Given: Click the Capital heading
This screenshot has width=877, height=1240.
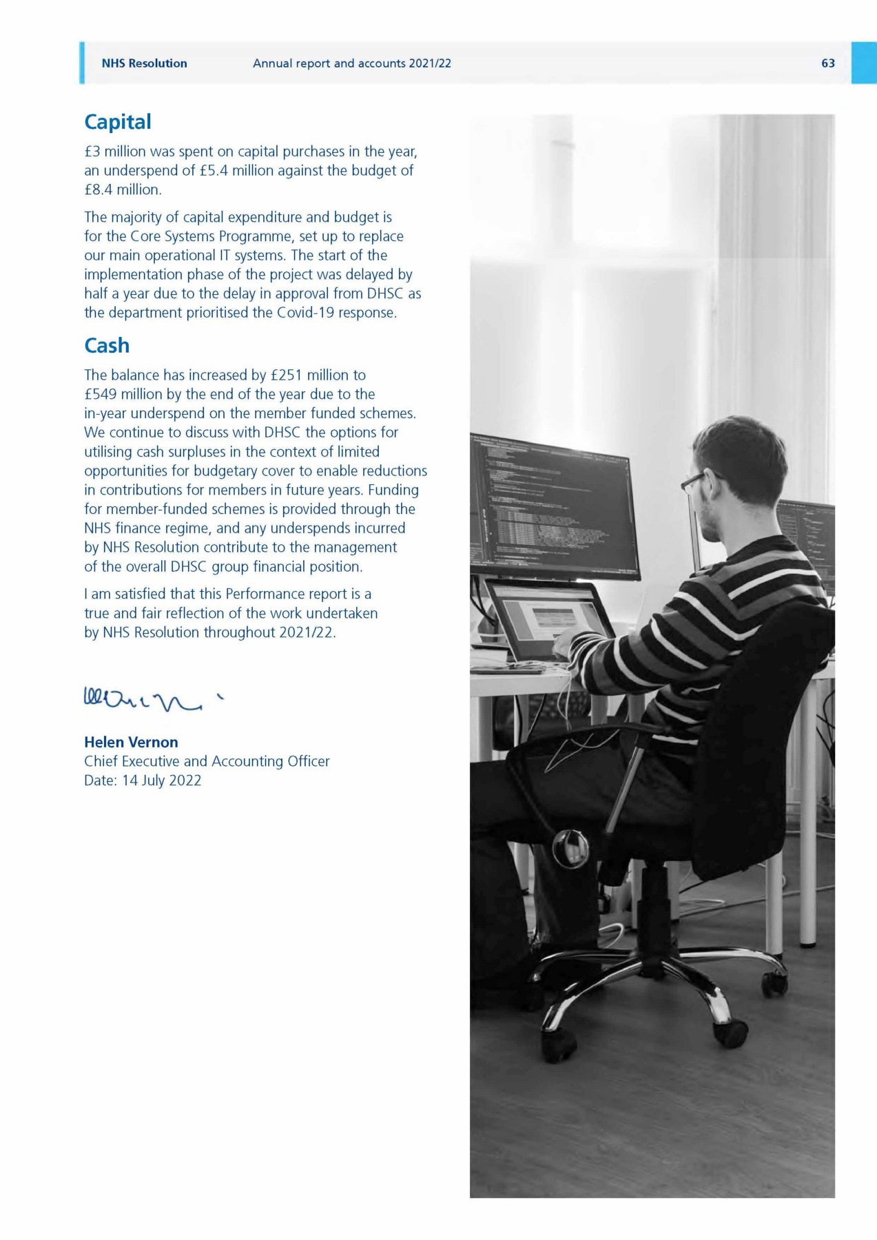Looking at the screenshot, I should click(x=117, y=122).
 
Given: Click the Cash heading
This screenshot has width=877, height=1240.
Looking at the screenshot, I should click(x=107, y=345).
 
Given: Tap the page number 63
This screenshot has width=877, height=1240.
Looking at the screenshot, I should click(x=827, y=63).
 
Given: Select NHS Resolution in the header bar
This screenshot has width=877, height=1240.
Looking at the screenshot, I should click(x=144, y=63).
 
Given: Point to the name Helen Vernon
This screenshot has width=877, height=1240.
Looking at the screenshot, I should click(x=131, y=742).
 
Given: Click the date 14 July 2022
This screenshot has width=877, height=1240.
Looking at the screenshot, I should click(x=161, y=781).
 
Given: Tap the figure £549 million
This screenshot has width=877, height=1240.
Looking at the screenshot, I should click(x=122, y=394).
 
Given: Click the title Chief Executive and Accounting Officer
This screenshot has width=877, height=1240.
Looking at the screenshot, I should click(x=207, y=761).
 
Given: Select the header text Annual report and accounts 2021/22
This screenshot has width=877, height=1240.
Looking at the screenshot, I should click(x=351, y=63).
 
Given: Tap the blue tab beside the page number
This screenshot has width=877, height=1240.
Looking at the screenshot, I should click(x=863, y=63).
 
